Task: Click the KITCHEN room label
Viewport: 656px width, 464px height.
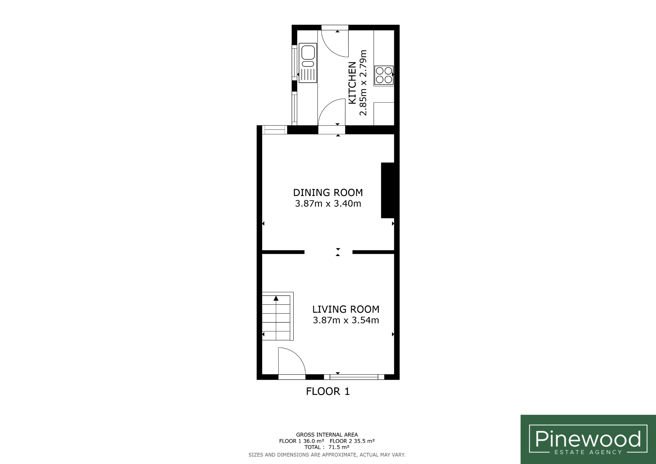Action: coord(352,83)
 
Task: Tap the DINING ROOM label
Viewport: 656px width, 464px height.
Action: coord(328,193)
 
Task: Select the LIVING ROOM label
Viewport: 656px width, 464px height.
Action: coord(346,309)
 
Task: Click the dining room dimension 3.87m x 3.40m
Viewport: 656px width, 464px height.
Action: coord(328,203)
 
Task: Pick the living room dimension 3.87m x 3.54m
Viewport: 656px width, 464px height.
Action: coord(346,320)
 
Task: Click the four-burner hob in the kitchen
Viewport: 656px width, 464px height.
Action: coord(384,75)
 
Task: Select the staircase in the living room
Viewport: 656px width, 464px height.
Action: coord(278,316)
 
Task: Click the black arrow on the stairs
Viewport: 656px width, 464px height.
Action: coord(276,298)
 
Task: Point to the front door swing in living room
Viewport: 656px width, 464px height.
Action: coord(291,361)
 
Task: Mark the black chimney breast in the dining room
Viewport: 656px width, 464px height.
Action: coord(388,190)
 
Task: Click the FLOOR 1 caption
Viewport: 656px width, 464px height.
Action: coord(328,391)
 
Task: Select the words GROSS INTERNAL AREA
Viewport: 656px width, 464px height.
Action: coord(327,435)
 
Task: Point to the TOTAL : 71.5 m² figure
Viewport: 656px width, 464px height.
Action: coord(327,447)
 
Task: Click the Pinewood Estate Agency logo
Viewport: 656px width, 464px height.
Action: coord(588,439)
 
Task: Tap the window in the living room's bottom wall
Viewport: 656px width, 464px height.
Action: coord(354,377)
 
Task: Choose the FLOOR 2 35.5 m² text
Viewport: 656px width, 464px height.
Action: coord(352,441)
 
